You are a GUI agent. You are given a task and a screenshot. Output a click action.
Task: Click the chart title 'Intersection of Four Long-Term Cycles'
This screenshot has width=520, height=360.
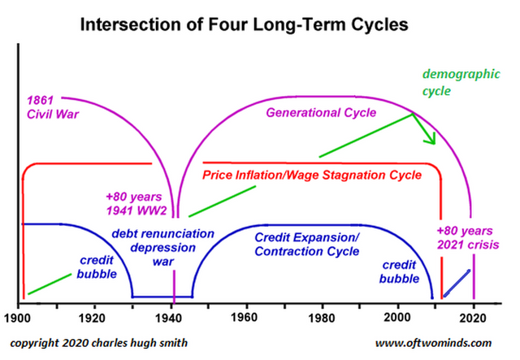(x=244, y=25)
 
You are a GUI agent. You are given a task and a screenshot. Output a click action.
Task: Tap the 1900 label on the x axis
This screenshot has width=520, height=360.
(x=17, y=319)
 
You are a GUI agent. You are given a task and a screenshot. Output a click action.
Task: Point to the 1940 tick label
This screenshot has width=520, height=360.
(x=168, y=319)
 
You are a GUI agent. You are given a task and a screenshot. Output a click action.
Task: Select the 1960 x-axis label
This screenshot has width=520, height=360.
(x=244, y=318)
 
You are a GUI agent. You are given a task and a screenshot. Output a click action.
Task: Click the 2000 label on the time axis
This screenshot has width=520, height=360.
(x=397, y=318)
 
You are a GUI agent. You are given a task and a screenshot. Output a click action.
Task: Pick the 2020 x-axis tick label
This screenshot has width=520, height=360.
(x=473, y=319)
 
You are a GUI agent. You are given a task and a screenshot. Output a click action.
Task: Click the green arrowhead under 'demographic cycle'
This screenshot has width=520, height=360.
(x=430, y=139)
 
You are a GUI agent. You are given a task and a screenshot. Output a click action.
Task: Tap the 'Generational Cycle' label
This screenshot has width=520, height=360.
(x=321, y=113)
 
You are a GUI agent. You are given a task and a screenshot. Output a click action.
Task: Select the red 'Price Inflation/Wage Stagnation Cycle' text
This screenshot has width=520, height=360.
(x=312, y=175)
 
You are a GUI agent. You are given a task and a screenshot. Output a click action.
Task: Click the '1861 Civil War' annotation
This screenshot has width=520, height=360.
(x=53, y=107)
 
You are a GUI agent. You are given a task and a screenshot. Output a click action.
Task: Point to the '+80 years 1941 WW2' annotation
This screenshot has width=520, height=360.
(x=136, y=204)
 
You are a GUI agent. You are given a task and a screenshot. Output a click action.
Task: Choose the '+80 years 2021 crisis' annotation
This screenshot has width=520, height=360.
(x=468, y=238)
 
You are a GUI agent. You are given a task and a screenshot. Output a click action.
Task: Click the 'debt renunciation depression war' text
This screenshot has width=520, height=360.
(x=162, y=248)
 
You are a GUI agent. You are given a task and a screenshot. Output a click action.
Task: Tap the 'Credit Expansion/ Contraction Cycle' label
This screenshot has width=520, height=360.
(x=307, y=245)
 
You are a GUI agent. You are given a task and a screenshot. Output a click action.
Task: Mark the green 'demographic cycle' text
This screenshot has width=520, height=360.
(x=461, y=82)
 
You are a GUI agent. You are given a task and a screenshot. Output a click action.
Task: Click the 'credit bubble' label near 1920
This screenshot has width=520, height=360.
(x=97, y=267)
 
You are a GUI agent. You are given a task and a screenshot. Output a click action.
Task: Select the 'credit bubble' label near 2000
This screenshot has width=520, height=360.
(x=399, y=271)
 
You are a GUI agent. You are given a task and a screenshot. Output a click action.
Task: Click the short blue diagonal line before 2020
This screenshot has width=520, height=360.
(x=457, y=284)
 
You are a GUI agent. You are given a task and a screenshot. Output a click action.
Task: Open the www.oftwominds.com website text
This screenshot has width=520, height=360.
(x=433, y=343)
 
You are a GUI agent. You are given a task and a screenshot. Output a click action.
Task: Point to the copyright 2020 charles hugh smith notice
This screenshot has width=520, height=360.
(x=99, y=343)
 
